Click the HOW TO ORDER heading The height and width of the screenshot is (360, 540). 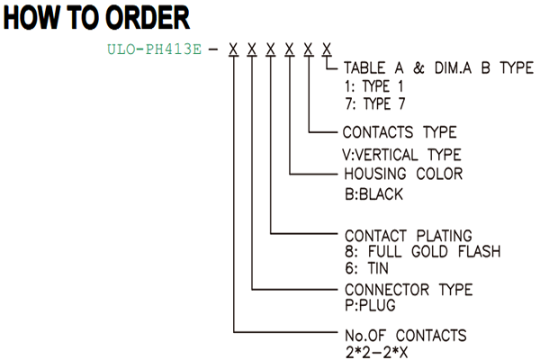point(96,18)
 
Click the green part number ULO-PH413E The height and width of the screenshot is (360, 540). point(154,49)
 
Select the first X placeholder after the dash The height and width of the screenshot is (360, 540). point(233,49)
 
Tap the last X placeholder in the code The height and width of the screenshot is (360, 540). point(327,49)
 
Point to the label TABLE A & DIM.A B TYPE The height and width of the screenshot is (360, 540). point(439,67)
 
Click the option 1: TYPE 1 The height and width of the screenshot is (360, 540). point(374,86)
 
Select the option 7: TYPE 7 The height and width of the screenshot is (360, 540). point(375,103)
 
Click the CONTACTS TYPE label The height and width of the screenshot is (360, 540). point(400,132)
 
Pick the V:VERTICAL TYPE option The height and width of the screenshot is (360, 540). point(401,155)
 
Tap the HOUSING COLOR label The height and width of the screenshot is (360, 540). point(403,174)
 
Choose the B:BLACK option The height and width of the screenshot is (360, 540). point(373,194)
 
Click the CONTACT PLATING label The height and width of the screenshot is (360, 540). point(409,236)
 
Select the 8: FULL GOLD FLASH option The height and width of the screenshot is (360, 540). point(423,251)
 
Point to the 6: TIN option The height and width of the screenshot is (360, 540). point(367,268)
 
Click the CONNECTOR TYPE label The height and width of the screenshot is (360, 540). point(409,290)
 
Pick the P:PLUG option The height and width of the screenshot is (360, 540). point(370,305)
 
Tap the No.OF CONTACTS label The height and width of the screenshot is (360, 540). point(406,336)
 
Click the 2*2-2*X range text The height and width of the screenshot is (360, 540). point(376,353)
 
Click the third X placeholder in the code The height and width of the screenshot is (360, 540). point(271,49)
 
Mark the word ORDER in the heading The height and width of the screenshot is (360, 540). point(148,18)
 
